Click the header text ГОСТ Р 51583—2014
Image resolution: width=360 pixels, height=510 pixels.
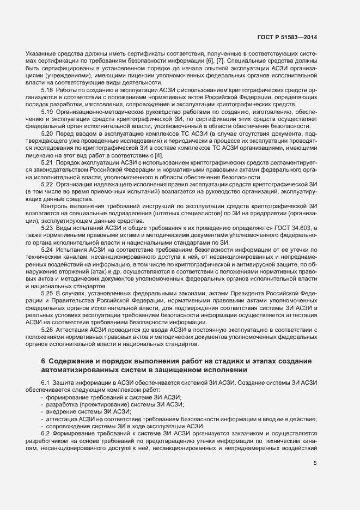(287, 37)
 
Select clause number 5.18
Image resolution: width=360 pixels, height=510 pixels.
(47, 89)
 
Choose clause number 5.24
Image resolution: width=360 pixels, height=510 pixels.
(47, 249)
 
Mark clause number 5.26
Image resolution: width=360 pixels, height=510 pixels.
(47, 330)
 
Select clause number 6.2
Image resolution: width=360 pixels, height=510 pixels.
(46, 434)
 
